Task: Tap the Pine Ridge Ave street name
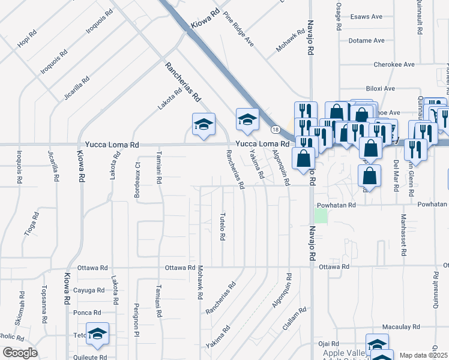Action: click(x=238, y=29)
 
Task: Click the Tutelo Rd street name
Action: click(x=222, y=227)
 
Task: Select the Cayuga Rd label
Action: click(x=86, y=290)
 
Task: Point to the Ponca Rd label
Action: click(x=87, y=313)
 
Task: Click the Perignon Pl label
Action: click(x=137, y=319)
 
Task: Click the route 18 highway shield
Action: click(x=276, y=129)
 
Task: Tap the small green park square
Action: click(x=322, y=215)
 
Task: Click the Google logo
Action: click(x=20, y=353)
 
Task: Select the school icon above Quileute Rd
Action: click(x=97, y=335)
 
